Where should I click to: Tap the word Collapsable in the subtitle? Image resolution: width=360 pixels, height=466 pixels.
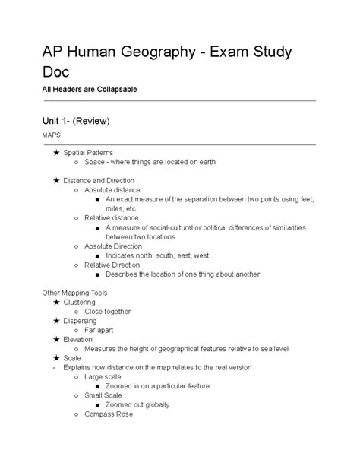coord(111,90)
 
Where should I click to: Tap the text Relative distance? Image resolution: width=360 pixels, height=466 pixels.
coord(111,217)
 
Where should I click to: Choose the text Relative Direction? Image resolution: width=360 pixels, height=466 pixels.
coord(112,265)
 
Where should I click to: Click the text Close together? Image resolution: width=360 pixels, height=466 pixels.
coord(107,311)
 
